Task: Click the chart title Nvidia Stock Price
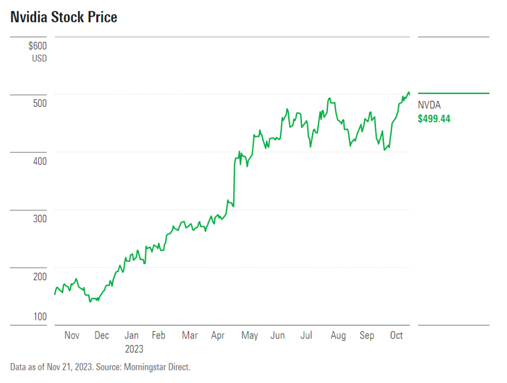click(63, 17)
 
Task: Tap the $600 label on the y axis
click(38, 46)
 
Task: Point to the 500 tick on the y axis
click(39, 103)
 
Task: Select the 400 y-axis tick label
click(39, 161)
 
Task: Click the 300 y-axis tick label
click(39, 219)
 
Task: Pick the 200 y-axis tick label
click(39, 277)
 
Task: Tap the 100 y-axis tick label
click(39, 316)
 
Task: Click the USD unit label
click(39, 59)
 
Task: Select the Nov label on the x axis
click(71, 336)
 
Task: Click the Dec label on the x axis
click(102, 336)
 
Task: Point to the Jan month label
click(132, 336)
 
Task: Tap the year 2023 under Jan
click(134, 348)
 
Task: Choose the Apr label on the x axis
click(218, 336)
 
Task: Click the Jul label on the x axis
click(307, 336)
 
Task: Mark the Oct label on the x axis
click(396, 336)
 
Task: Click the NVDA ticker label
click(429, 105)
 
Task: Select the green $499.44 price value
click(434, 119)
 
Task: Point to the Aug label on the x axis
click(338, 336)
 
